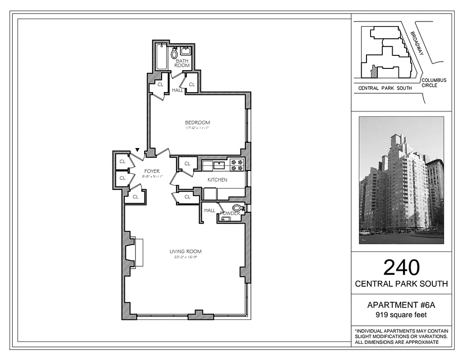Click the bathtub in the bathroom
[161, 57]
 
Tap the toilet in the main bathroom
[174, 54]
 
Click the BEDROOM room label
[197, 122]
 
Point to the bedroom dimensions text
[197, 128]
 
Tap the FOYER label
[152, 171]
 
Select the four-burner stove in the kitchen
[237, 165]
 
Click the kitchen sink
[219, 165]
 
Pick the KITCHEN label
[217, 180]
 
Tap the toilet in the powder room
[239, 208]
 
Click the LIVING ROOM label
[185, 252]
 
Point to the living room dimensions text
[185, 257]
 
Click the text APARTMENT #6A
[401, 306]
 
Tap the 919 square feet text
[401, 315]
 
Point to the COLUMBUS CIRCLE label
[434, 83]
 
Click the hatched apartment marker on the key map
[373, 71]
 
